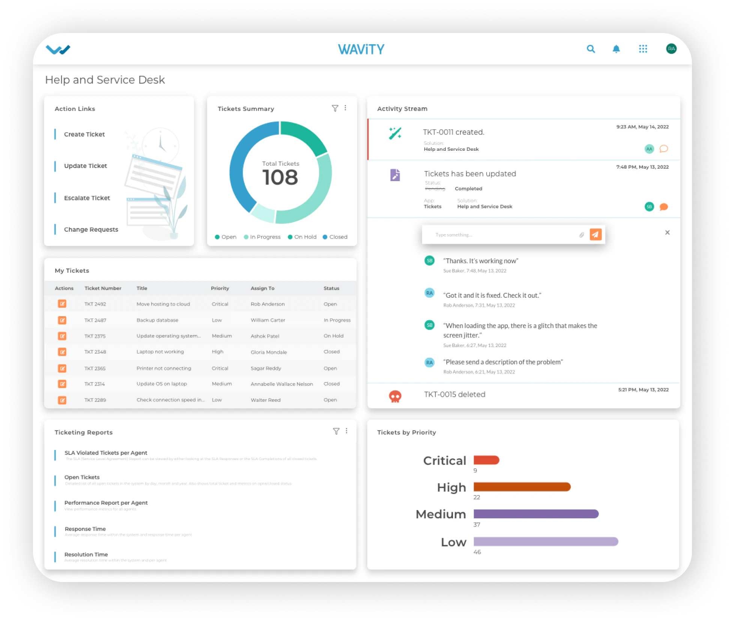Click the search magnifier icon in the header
[591, 49]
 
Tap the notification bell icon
[616, 49]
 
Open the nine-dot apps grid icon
[643, 49]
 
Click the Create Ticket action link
[84, 134]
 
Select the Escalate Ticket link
[87, 198]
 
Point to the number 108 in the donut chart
[280, 177]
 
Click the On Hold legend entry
[302, 237]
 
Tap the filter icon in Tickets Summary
[335, 108]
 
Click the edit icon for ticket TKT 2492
[62, 304]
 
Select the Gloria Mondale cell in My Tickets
[269, 352]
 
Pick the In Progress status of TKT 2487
[337, 320]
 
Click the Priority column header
[220, 288]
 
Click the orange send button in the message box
[596, 234]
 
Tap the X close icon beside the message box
[667, 232]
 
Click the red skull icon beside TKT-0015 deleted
[395, 396]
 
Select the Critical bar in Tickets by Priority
[486, 460]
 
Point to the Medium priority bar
[536, 514]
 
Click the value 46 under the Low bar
[477, 552]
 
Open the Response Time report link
[85, 529]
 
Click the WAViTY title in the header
[361, 49]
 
